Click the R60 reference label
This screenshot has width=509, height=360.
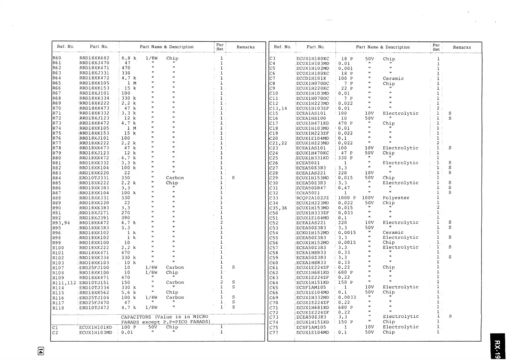click(57, 58)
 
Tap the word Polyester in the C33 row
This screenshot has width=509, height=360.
click(396, 198)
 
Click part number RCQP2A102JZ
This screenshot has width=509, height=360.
click(312, 198)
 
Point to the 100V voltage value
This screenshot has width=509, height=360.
click(368, 198)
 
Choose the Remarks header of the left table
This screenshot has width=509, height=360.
click(245, 47)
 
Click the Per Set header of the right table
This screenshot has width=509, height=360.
click(436, 47)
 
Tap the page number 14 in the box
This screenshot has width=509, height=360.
click(41, 351)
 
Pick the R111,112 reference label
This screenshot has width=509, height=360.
click(64, 283)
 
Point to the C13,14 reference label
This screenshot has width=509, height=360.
click(278, 108)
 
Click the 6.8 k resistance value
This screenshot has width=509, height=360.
click(129, 58)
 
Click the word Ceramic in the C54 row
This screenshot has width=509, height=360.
click(393, 232)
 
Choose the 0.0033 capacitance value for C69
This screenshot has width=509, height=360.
click(347, 297)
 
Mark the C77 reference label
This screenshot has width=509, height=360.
click(274, 332)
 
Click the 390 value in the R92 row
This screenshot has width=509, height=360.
click(125, 218)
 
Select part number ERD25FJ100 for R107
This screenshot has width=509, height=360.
click(94, 268)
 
